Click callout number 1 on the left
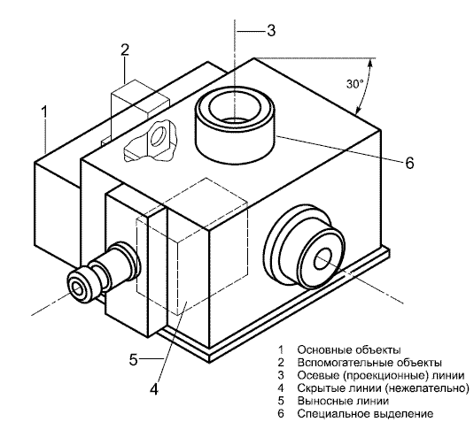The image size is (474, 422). coord(44,111)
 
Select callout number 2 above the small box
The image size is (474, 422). coord(125,50)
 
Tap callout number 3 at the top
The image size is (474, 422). coord(271,30)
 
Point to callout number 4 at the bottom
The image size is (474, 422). coord(154,389)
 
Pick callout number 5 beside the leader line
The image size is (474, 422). coord(133,359)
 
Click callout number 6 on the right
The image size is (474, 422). coord(409,163)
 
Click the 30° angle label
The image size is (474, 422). coord(355,84)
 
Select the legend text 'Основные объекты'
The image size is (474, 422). coord(349,349)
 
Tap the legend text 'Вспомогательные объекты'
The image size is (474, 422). coord(369,363)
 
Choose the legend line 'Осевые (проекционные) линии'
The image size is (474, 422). coord(381,375)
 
